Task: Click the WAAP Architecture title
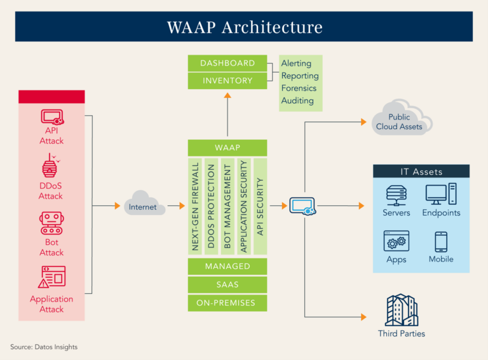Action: (244, 27)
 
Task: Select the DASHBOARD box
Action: (227, 63)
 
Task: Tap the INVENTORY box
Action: (227, 81)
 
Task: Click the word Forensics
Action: (299, 88)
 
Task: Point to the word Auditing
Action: (297, 100)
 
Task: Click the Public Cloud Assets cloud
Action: (400, 120)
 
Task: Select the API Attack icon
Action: (51, 117)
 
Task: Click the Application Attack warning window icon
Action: (51, 278)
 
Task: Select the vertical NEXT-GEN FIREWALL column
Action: (196, 206)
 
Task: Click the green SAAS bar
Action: (227, 284)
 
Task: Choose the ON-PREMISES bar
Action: (227, 303)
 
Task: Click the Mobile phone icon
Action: (441, 242)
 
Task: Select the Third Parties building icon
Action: (401, 310)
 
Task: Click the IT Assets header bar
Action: (421, 172)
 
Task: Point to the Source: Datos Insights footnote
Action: (44, 347)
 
